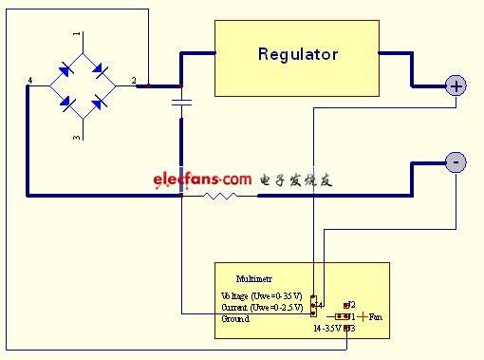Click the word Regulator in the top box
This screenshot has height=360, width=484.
click(x=297, y=54)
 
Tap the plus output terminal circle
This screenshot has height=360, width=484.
click(x=456, y=86)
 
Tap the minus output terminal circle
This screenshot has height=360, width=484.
click(x=456, y=163)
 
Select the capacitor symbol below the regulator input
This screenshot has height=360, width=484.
click(x=181, y=100)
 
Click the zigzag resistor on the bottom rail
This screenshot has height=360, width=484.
click(x=220, y=196)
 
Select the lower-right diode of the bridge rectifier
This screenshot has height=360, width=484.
click(x=98, y=103)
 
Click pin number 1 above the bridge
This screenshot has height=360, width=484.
click(x=78, y=35)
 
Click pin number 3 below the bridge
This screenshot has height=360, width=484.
click(x=78, y=138)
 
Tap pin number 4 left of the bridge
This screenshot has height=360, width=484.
click(x=31, y=81)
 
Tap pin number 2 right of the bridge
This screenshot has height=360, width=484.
click(x=133, y=81)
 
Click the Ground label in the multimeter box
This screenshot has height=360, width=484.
click(x=234, y=319)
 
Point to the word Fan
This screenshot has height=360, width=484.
click(x=376, y=316)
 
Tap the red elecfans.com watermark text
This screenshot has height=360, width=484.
click(x=200, y=179)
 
